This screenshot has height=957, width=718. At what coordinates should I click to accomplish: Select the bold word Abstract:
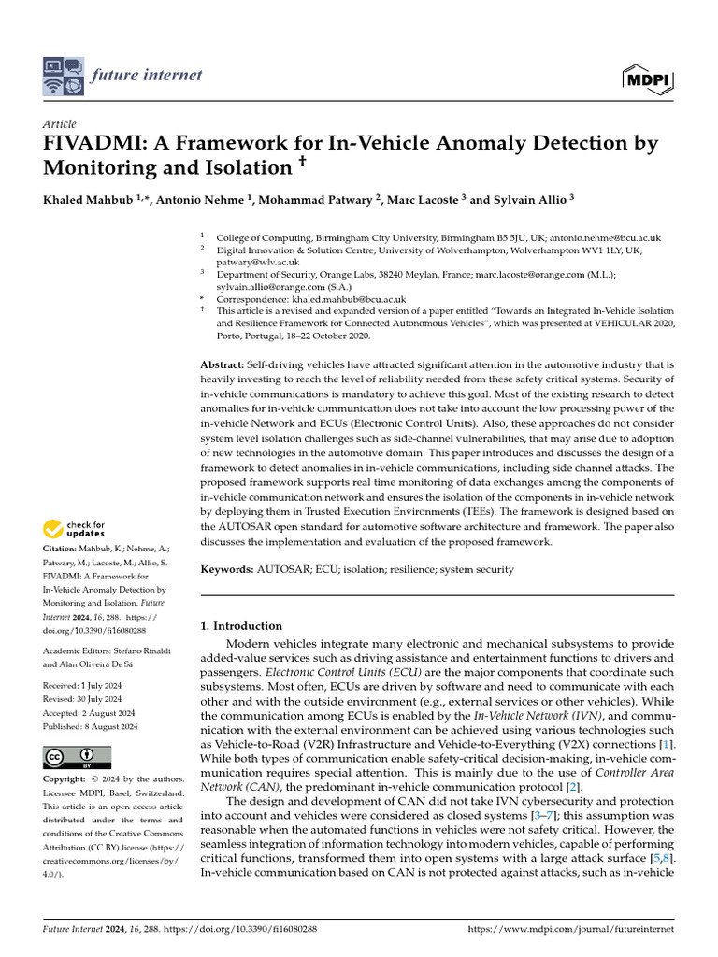[x=223, y=364]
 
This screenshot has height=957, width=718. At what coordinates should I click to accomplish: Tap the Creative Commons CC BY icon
[x=77, y=756]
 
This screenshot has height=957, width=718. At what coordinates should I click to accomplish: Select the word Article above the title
[x=60, y=124]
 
